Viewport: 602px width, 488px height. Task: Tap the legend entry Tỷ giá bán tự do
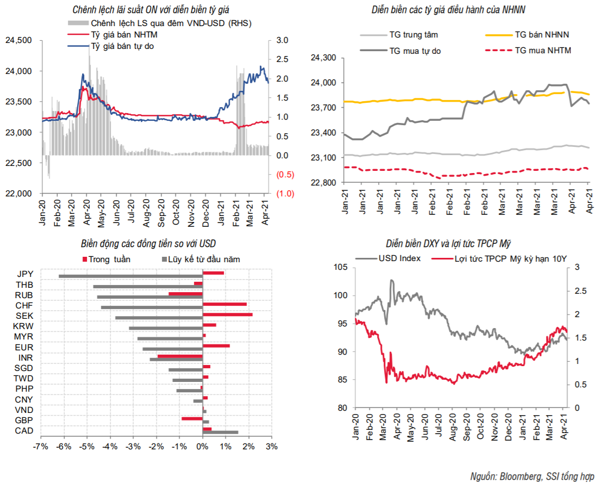pyautogui.click(x=122, y=46)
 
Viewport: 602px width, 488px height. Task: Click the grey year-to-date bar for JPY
pyautogui.click(x=130, y=276)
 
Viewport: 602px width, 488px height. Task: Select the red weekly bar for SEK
pyautogui.click(x=227, y=314)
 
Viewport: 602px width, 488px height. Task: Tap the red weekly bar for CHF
pyautogui.click(x=224, y=304)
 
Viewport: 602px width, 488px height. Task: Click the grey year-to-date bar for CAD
pyautogui.click(x=220, y=433)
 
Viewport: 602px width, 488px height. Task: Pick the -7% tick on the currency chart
pyautogui.click(x=40, y=447)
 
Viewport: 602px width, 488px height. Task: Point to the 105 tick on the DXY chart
pyautogui.click(x=341, y=267)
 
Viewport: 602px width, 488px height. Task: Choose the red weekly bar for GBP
pyautogui.click(x=192, y=418)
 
